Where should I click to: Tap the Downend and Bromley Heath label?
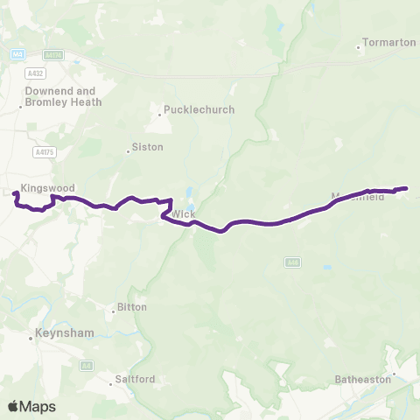click(63, 96)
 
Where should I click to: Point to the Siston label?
click(147, 147)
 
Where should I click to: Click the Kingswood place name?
click(49, 187)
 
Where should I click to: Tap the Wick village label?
click(184, 213)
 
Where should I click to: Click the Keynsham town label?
click(61, 333)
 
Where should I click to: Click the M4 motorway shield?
click(17, 54)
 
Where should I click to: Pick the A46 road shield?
click(293, 262)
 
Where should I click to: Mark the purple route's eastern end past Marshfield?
click(407, 188)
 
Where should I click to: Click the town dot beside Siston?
click(129, 151)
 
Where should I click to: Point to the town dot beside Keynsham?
click(31, 334)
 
